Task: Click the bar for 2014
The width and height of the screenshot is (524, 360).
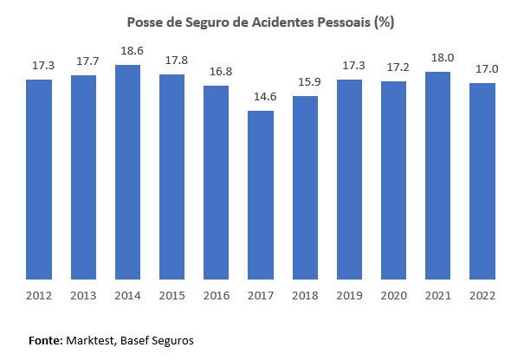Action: click(127, 173)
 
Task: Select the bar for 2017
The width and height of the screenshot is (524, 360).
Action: click(261, 196)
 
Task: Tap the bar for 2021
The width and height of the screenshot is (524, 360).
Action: click(437, 177)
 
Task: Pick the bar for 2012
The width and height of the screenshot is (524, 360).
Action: click(39, 180)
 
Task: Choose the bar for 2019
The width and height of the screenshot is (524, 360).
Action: click(349, 180)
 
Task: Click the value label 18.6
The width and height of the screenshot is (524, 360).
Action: click(127, 52)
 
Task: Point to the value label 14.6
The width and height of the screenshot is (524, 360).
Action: click(261, 98)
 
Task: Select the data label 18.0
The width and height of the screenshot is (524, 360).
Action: click(437, 59)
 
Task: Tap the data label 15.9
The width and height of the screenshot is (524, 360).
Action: click(305, 83)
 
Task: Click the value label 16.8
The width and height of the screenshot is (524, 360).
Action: click(217, 73)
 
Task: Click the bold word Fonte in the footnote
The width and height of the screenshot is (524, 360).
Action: click(45, 340)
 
